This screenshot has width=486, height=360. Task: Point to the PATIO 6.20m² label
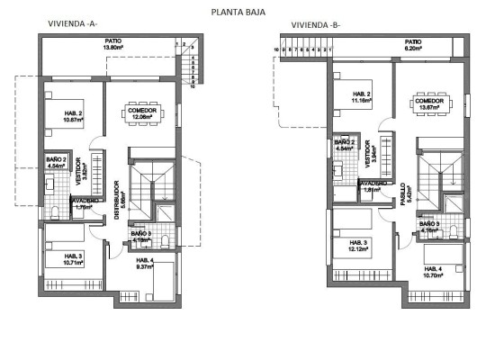pos(413,44)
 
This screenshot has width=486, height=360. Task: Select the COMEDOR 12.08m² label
pos(142,113)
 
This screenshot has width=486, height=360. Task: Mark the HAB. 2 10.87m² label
pos(73,116)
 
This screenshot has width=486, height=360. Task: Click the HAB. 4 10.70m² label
pos(435,271)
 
